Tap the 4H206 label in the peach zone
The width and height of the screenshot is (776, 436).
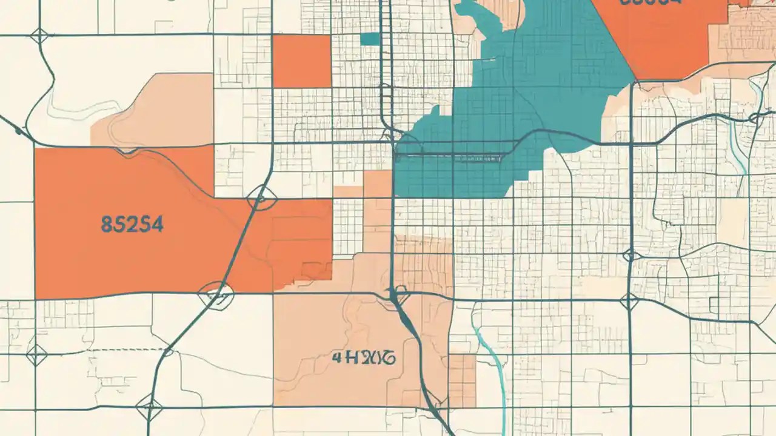point(364,357)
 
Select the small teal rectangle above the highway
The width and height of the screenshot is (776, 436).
point(369,39)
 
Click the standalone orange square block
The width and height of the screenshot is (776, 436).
point(301,61)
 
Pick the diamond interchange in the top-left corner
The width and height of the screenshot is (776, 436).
point(39,36)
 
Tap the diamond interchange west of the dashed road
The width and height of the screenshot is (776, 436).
point(36,354)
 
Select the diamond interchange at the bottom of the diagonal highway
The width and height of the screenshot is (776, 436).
point(149,406)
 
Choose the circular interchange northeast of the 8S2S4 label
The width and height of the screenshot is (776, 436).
point(261,197)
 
